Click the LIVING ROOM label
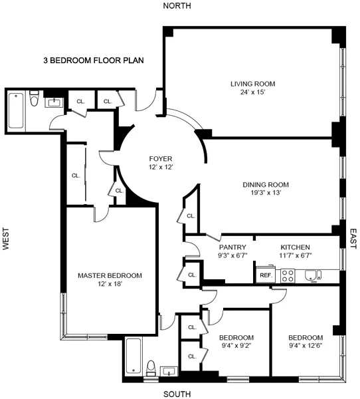(x=252, y=84)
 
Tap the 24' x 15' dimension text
(x=252, y=92)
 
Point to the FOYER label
(x=160, y=159)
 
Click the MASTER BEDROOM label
(x=110, y=275)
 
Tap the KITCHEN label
(x=296, y=247)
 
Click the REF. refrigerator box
(x=266, y=275)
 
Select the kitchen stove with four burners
(x=288, y=274)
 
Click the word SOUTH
(x=177, y=394)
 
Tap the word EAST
(x=353, y=239)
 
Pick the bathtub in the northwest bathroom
(x=16, y=110)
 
